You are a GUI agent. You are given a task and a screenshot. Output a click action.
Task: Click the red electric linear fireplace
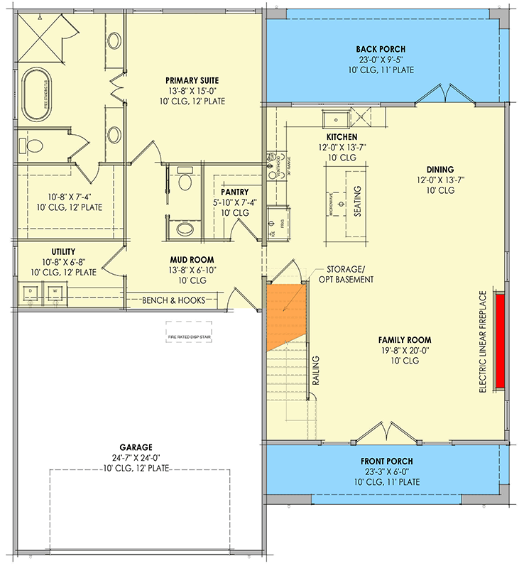tap(500, 341)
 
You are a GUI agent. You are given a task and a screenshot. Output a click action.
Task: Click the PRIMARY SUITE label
tap(192, 80)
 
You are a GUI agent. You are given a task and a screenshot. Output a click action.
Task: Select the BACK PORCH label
tap(381, 49)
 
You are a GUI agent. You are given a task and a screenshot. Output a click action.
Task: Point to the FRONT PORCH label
tap(386, 461)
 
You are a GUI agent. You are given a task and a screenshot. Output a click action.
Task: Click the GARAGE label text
tap(136, 447)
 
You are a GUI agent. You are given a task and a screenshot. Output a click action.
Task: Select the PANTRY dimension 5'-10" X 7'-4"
tap(235, 202)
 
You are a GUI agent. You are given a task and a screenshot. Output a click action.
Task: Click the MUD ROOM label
tap(192, 260)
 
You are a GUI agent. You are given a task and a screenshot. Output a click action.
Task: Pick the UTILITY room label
tap(64, 251)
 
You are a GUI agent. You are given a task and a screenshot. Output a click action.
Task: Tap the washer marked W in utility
tap(54, 291)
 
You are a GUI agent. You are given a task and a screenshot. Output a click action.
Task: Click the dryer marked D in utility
tap(31, 291)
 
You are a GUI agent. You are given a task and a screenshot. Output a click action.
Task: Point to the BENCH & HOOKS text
tap(175, 300)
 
